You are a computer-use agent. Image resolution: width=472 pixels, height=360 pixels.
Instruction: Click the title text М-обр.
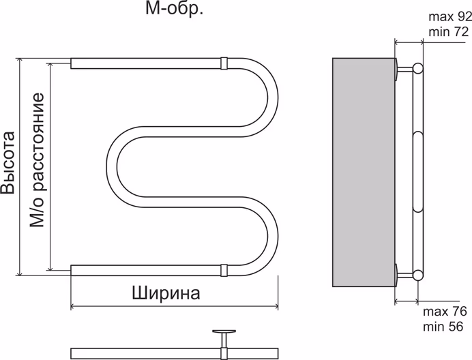coord(175,9)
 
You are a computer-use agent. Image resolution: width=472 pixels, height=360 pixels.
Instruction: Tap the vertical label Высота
coord(8,163)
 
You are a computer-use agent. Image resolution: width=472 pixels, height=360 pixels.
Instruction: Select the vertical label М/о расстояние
coord(38,160)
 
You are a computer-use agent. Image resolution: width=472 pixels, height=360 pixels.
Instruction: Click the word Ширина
coord(166,292)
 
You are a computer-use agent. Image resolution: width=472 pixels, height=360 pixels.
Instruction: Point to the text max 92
coord(450,17)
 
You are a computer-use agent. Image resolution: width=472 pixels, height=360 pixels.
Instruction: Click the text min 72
coord(449,31)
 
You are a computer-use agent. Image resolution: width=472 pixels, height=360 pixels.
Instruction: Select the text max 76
coord(445,312)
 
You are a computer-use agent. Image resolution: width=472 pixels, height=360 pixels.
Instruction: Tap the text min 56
coord(443,327)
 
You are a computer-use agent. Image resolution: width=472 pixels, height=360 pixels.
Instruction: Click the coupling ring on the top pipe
coord(224,63)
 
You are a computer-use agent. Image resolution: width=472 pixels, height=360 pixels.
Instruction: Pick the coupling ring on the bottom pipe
coord(224,270)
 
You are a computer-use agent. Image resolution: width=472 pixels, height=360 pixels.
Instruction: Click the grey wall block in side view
coord(364,172)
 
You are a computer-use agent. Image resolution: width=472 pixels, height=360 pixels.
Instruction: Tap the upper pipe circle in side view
coord(418,69)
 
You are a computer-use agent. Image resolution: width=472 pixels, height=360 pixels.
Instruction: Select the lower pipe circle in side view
coord(418,275)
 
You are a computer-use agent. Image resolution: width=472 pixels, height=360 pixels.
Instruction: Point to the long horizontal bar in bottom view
coord(175,354)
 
